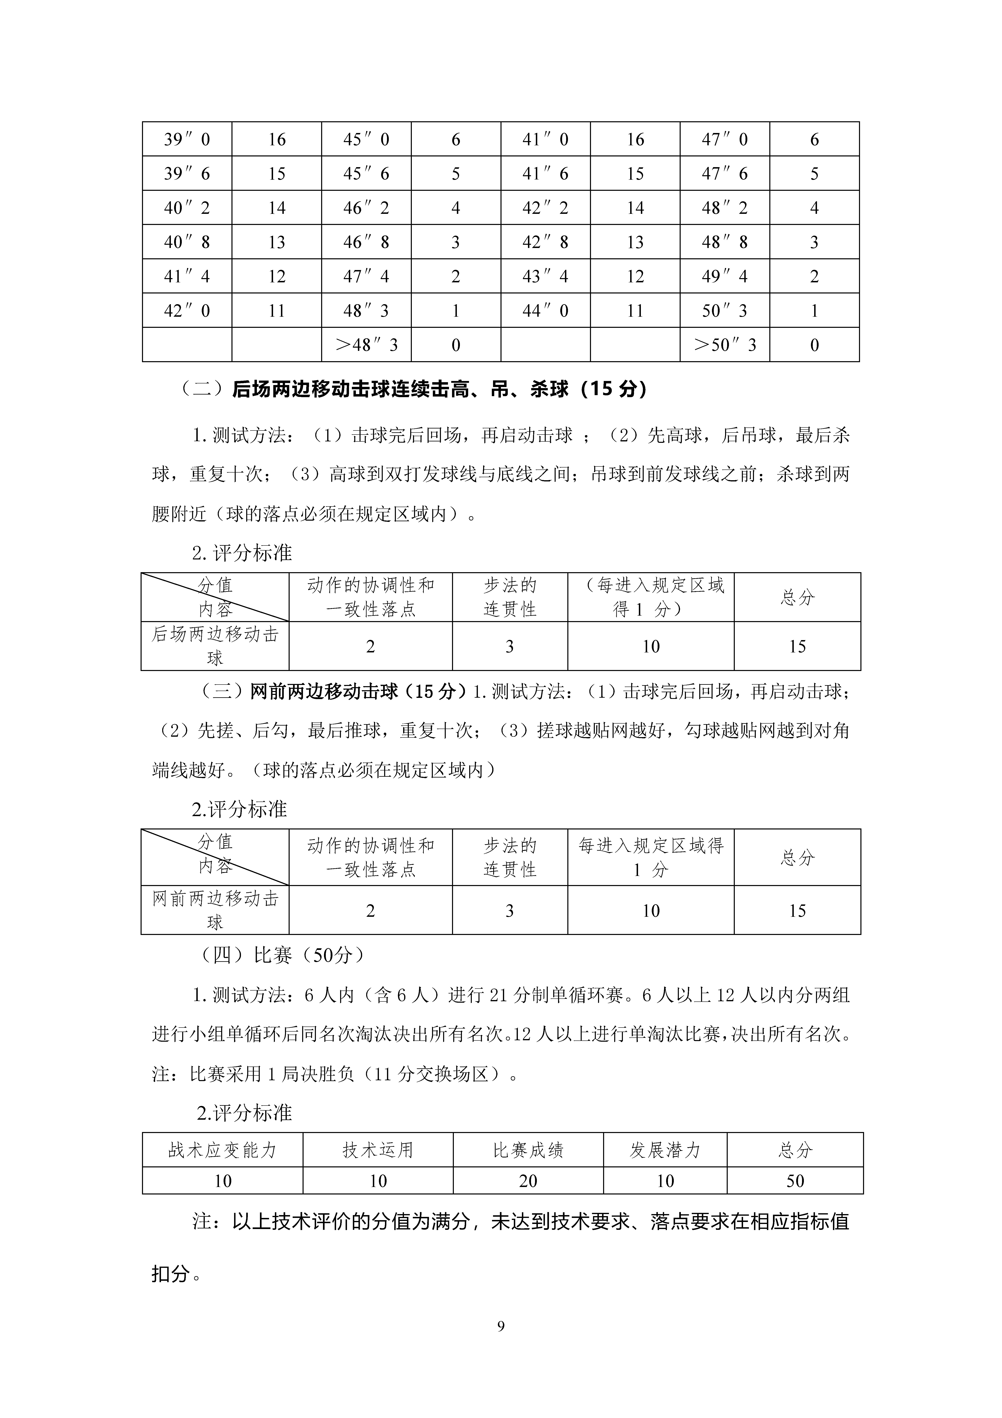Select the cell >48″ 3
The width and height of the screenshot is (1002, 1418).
pyautogui.click(x=366, y=345)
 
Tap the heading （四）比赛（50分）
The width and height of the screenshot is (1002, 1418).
pyautogui.click(x=283, y=955)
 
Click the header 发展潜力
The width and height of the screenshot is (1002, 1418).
pyautogui.click(x=665, y=1150)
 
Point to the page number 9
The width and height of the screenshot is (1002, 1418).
pyautogui.click(x=501, y=1326)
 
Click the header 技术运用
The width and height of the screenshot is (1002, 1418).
pyautogui.click(x=378, y=1150)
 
